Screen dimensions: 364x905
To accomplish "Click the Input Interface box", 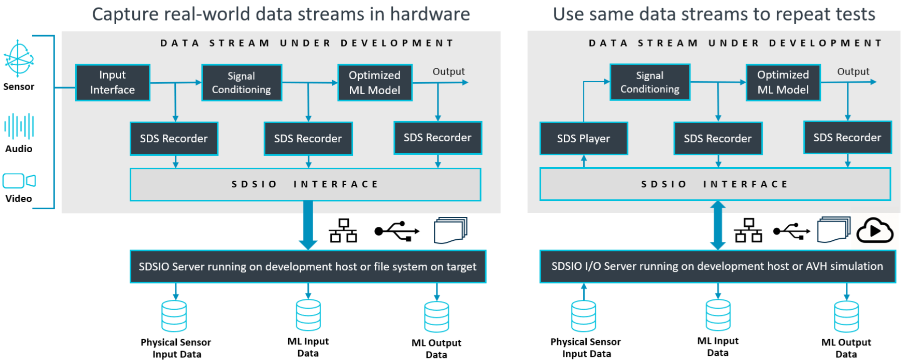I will (x=113, y=83).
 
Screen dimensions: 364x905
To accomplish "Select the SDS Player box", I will (x=583, y=139).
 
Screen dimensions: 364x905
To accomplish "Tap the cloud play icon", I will (x=874, y=231).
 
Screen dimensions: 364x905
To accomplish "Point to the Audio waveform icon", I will (x=19, y=126).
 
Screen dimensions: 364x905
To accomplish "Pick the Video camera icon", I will (x=19, y=181).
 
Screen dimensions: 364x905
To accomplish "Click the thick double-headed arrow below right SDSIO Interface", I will (x=718, y=225).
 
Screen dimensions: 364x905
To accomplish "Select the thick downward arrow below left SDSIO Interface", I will (x=308, y=225).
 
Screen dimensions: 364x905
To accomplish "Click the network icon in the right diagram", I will (x=748, y=230).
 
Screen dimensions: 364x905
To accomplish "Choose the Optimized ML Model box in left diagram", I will (x=375, y=83).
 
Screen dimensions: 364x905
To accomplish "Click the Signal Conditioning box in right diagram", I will (x=649, y=82).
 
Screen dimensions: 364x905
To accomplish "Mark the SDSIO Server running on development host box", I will (x=308, y=267).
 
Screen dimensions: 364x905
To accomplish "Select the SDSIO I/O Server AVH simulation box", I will (x=717, y=266).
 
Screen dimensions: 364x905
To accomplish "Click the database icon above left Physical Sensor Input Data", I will (x=174, y=316).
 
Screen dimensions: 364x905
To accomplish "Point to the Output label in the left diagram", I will (x=448, y=72).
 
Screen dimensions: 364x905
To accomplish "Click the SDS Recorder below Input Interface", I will (x=174, y=139).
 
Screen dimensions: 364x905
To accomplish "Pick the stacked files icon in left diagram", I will (x=450, y=230).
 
